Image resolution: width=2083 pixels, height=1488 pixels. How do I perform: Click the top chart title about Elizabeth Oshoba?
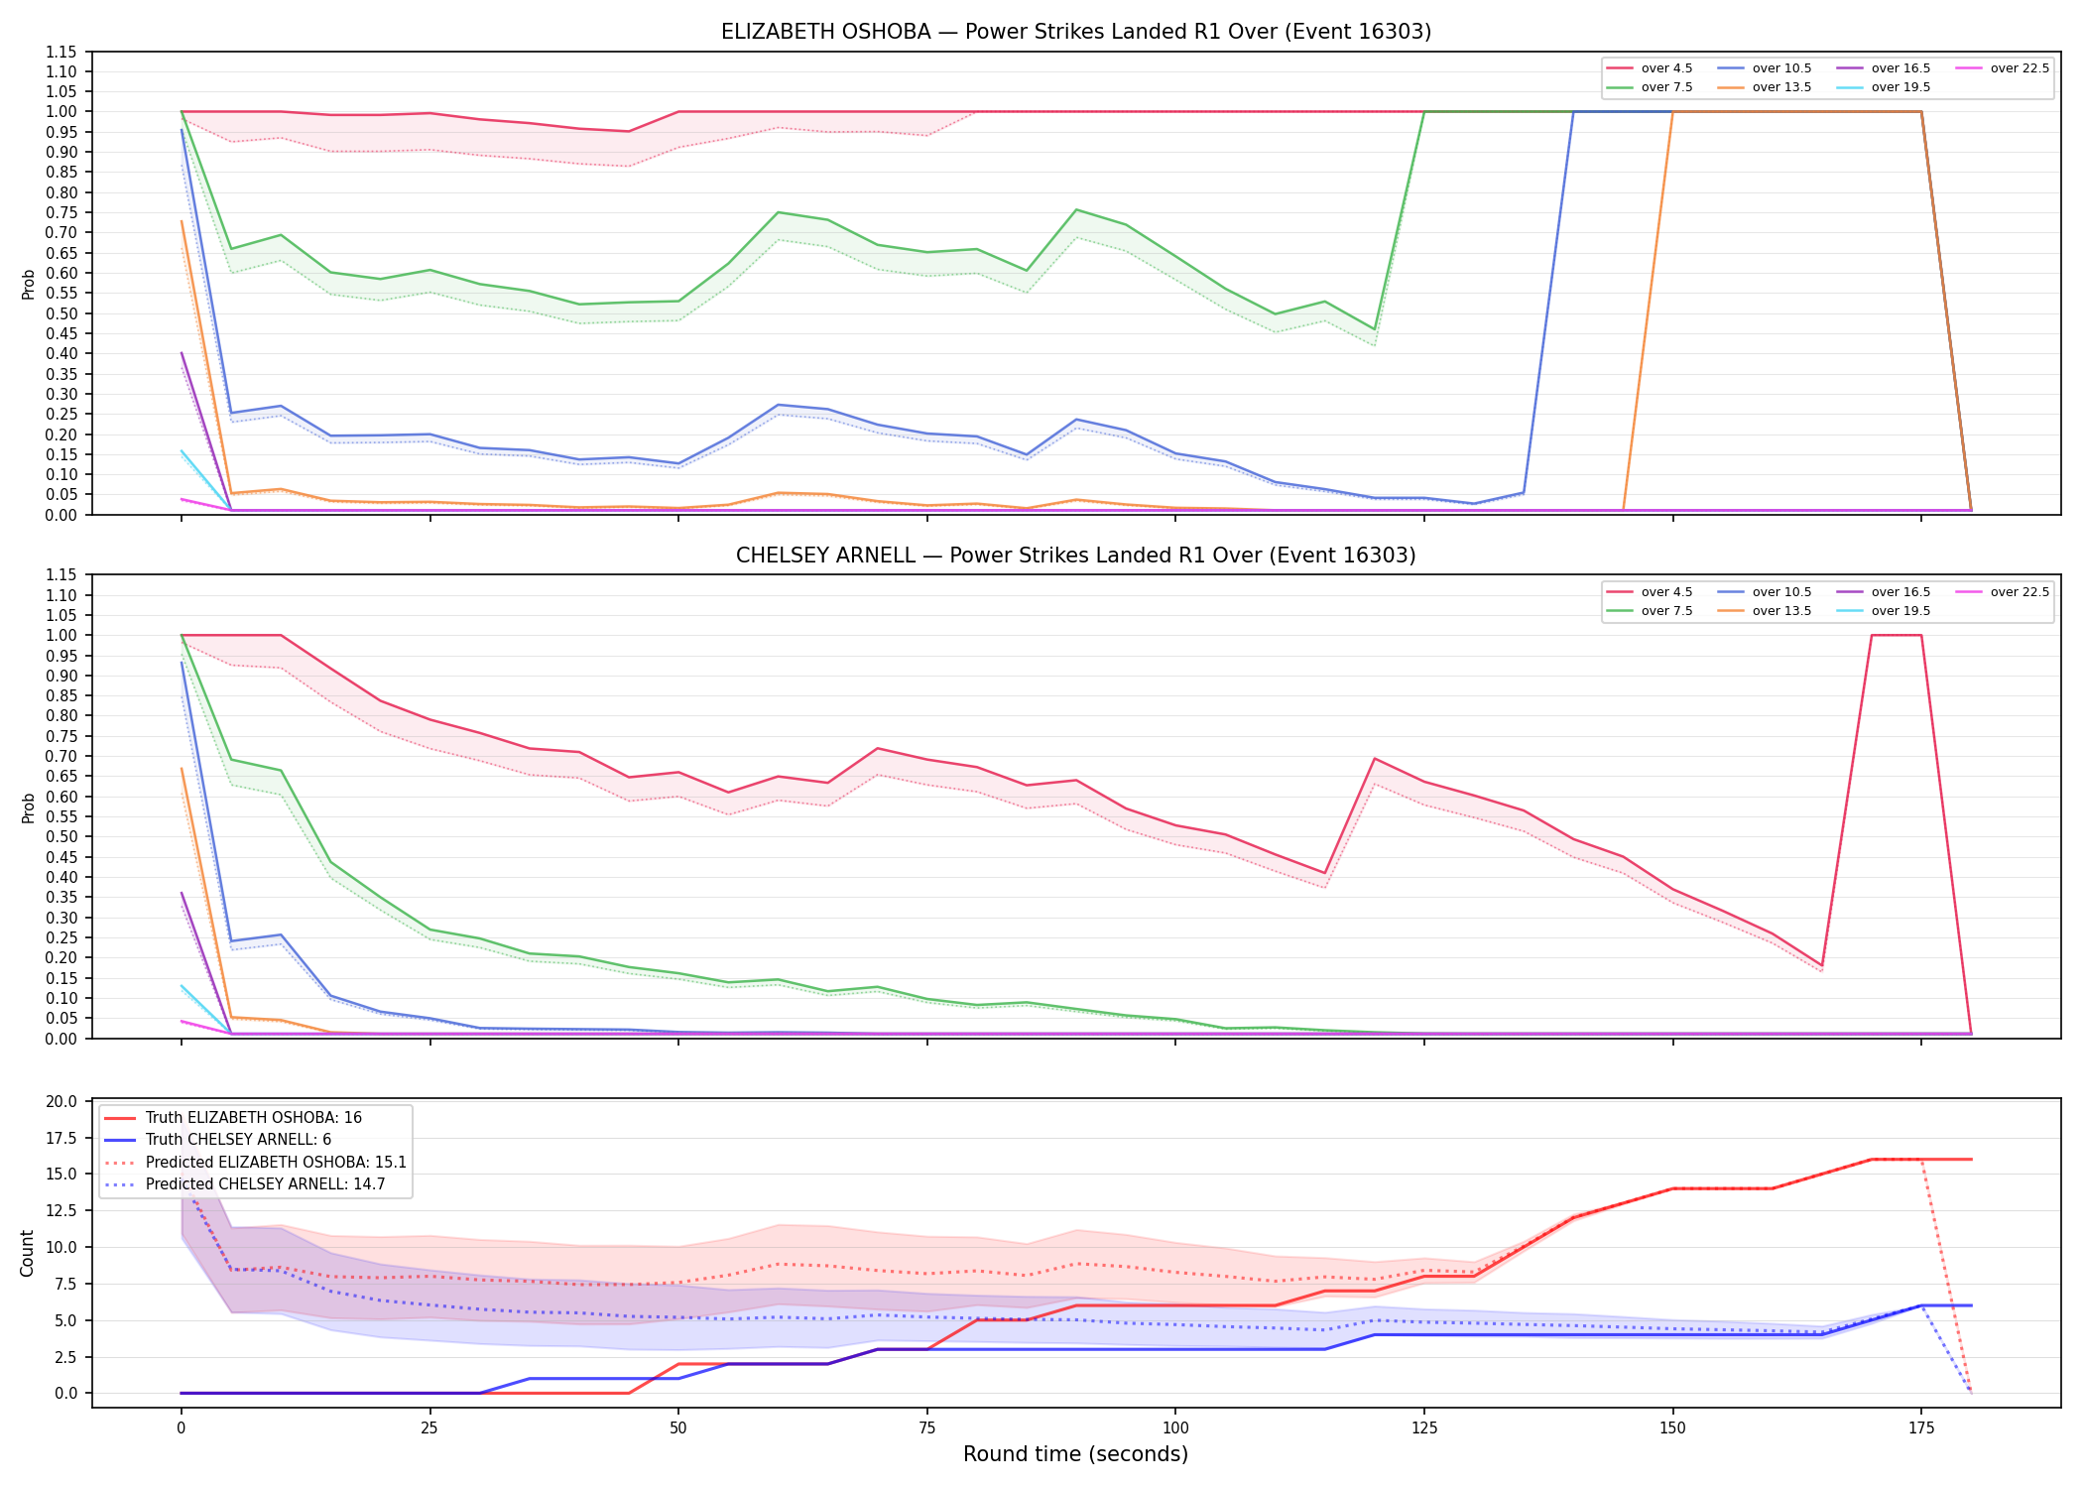point(1076,32)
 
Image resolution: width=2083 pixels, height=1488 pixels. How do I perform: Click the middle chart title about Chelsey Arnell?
point(1076,556)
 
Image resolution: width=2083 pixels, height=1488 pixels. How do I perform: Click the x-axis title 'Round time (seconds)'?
point(1075,1454)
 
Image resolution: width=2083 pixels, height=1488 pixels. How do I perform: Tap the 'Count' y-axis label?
point(27,1254)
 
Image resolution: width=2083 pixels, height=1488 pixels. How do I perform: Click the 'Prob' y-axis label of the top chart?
point(29,285)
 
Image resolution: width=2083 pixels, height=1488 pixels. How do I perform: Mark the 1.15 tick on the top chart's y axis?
point(62,52)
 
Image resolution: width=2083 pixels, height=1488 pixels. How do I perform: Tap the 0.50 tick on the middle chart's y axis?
point(62,836)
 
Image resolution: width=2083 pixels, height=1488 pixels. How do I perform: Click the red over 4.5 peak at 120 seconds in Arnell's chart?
point(1375,759)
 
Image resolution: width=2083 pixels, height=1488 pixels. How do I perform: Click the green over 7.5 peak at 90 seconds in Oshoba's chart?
point(1076,209)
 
